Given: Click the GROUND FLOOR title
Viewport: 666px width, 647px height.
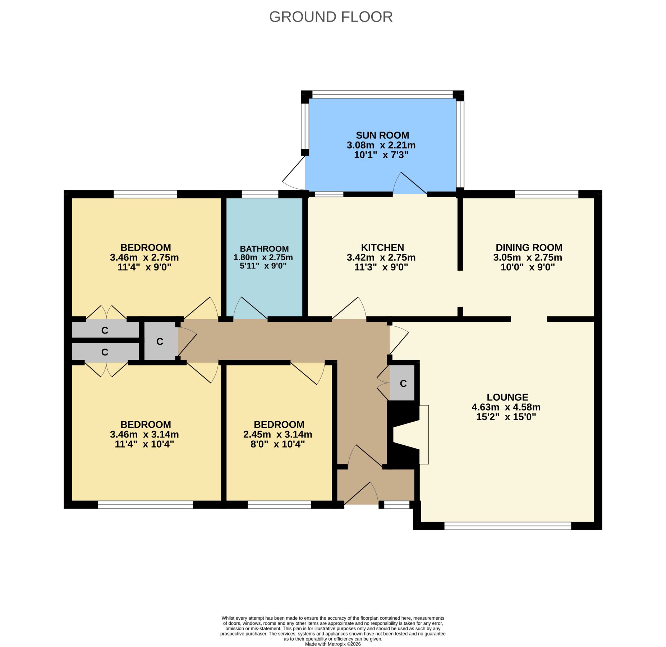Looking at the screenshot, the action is tap(331, 17).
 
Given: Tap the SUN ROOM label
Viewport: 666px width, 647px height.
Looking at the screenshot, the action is tap(382, 135).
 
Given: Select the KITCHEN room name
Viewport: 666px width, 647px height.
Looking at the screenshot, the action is tap(382, 247).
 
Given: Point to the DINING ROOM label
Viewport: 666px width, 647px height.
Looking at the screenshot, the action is tap(529, 247).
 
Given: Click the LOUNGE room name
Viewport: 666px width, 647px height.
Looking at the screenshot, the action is tap(507, 397).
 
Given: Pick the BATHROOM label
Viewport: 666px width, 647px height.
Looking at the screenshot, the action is tap(264, 249).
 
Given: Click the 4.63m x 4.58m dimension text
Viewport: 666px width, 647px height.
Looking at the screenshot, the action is tap(506, 407).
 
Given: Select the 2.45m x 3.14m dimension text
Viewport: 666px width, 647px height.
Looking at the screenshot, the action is tap(277, 434).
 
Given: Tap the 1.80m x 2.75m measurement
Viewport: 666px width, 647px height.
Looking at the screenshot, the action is tap(263, 257).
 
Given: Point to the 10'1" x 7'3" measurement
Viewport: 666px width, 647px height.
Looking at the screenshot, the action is tap(381, 155).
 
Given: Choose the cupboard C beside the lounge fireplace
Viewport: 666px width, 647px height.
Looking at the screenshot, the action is tap(403, 383).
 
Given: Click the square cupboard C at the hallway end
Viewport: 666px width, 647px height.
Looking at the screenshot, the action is tap(160, 341).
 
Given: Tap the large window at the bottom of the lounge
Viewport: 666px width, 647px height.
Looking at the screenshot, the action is tap(507, 526).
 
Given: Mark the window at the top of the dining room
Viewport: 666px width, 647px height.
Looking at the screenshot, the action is tap(546, 194).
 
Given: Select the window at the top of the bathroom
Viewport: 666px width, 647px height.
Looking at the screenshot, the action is tap(260, 194).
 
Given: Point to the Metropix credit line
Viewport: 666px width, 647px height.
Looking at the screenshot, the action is tap(333, 644).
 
